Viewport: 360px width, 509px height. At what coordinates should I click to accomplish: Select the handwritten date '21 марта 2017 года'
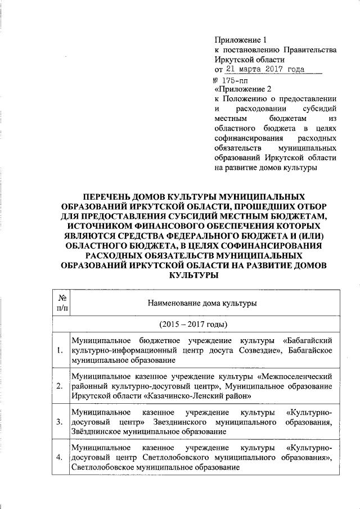coord(264,69)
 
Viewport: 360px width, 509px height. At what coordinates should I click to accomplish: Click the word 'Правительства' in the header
coord(311,49)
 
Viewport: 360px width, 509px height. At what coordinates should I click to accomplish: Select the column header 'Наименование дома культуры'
coord(202,303)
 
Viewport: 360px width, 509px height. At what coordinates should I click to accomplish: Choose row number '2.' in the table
coord(60,386)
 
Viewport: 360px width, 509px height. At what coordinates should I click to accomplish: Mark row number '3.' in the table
coord(60,422)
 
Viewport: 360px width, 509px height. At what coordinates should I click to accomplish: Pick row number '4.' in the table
coord(60,457)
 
